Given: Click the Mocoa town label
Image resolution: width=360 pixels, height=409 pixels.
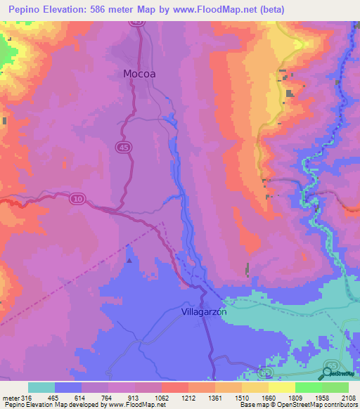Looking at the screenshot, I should (139, 73).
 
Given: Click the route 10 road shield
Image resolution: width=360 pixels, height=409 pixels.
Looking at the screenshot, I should (77, 200).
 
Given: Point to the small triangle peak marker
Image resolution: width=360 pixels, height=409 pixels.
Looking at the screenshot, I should (128, 261).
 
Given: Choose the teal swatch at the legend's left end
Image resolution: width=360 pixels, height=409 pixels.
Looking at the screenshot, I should (41, 387).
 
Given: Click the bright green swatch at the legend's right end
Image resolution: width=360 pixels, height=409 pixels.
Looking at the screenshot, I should (335, 387).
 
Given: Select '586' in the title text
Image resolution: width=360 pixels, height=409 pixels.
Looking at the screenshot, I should (110, 9).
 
